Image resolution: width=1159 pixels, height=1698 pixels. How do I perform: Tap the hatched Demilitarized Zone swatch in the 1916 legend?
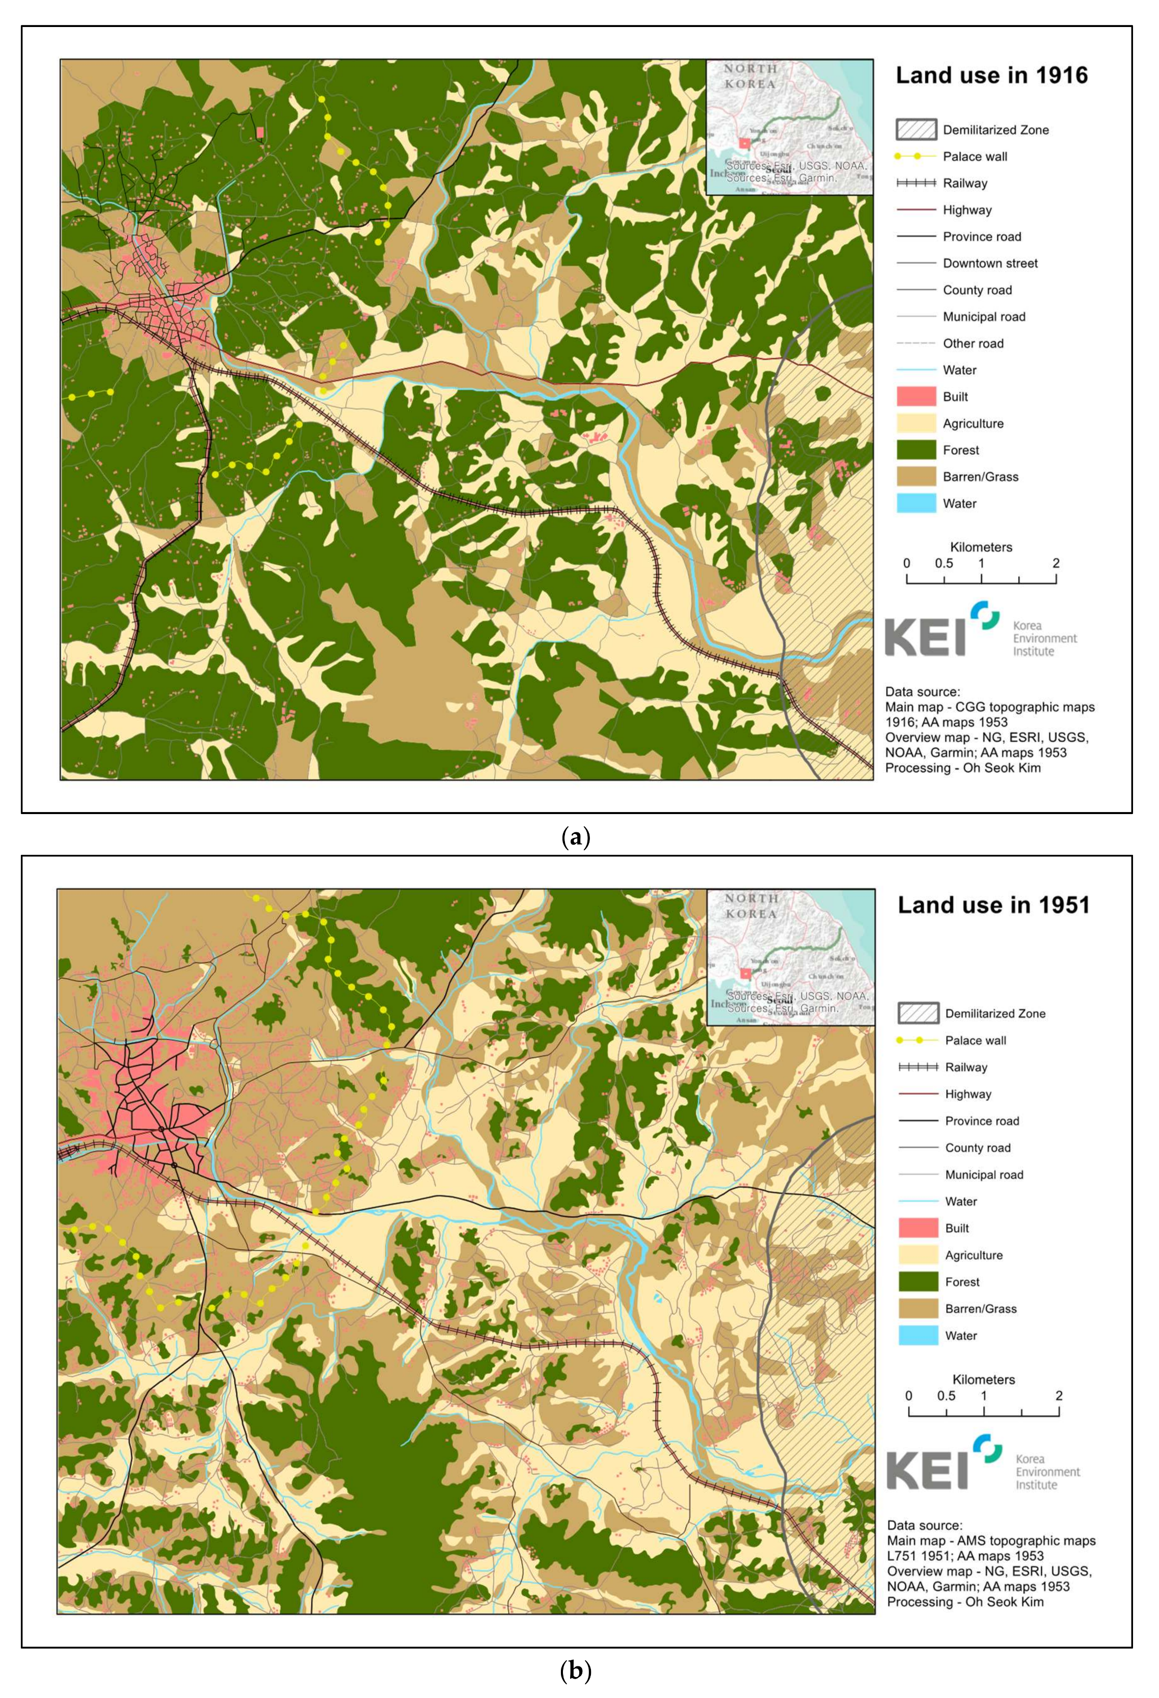click(x=916, y=129)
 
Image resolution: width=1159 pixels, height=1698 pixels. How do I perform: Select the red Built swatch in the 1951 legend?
click(x=918, y=1228)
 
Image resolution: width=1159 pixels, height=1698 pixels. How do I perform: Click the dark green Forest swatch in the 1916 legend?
click(x=916, y=450)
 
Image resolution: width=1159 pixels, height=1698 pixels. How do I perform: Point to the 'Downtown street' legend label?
click(x=989, y=263)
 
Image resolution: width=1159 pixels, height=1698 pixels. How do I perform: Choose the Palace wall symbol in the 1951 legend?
click(x=918, y=1040)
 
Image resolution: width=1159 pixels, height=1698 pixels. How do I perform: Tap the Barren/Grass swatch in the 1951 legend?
click(x=918, y=1309)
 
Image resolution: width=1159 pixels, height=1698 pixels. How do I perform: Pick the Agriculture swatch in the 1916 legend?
click(x=916, y=423)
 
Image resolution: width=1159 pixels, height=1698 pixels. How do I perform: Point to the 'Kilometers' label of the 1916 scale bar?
click(x=981, y=546)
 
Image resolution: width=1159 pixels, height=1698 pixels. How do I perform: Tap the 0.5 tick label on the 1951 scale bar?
click(x=946, y=1396)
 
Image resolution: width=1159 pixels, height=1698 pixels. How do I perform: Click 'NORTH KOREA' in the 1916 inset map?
click(x=751, y=76)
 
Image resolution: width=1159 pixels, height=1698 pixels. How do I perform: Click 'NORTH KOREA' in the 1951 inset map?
click(x=751, y=906)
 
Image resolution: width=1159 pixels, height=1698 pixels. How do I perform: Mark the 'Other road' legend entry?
click(x=973, y=344)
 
